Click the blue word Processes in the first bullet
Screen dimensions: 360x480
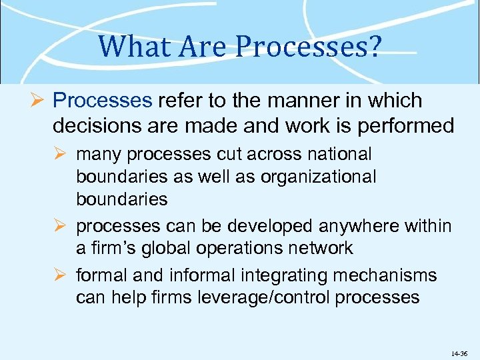[103, 101]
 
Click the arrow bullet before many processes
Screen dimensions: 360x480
[62, 155]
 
